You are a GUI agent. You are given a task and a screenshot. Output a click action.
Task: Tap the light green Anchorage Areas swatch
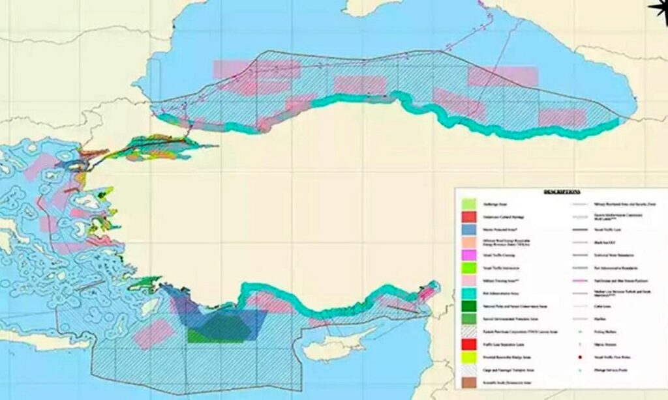[x=468, y=205]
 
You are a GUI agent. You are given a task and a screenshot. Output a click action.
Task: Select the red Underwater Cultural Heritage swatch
[x=468, y=216]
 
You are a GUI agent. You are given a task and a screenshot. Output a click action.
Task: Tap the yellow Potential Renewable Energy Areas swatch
[x=468, y=357]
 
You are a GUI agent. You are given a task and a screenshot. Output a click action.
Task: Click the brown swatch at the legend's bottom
[x=468, y=382]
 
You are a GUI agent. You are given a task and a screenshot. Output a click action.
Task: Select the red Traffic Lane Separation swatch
[x=468, y=343]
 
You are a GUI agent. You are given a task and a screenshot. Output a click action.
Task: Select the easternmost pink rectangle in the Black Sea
[x=562, y=117]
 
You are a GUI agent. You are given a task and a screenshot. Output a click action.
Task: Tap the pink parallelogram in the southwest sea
[x=154, y=334]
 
